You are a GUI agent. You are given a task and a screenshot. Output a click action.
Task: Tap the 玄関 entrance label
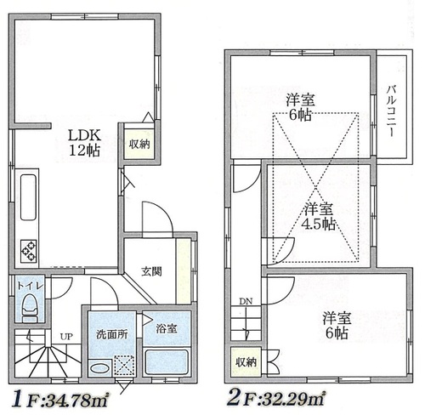pos(152,272)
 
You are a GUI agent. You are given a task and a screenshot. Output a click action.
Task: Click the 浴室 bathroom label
pos(166,327)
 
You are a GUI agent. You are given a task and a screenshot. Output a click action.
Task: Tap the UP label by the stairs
pos(65,336)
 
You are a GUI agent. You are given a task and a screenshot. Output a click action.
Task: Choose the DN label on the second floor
pos(245,301)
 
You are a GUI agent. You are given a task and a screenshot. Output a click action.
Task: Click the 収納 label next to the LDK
pos(139,144)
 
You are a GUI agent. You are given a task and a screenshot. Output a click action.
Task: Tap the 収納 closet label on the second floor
pos(246,362)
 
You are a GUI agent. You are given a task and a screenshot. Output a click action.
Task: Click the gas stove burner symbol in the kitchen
pos(28,249)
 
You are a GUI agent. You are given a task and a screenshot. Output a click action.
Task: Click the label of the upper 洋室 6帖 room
pos(298,106)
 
